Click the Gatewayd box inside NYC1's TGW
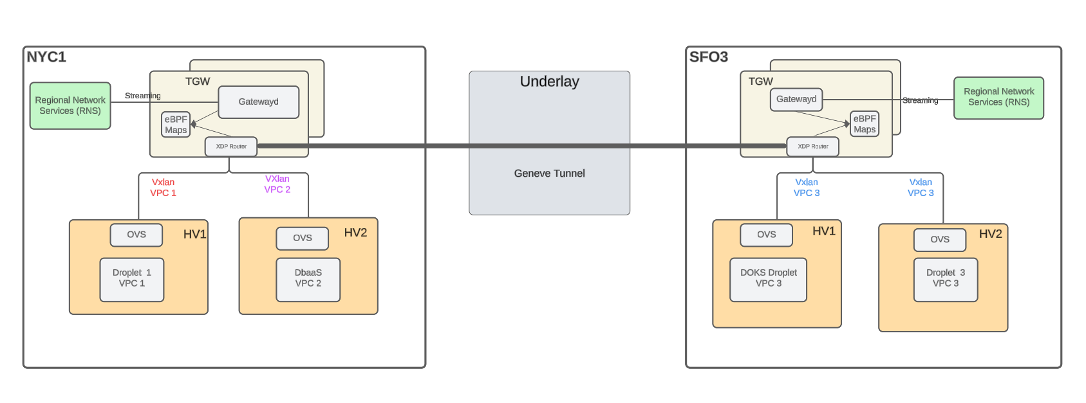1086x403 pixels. pyautogui.click(x=258, y=102)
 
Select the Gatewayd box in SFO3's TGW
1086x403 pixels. pyautogui.click(x=796, y=100)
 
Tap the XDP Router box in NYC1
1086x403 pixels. pyautogui.click(x=231, y=147)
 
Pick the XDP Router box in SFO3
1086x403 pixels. pyautogui.click(x=813, y=147)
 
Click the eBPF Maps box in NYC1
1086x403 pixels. pyautogui.click(x=176, y=125)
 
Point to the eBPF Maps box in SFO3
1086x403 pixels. pyautogui.click(x=865, y=124)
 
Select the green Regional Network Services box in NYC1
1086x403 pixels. pyautogui.click(x=70, y=105)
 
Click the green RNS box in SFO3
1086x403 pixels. pyautogui.click(x=998, y=98)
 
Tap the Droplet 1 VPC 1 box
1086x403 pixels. pyautogui.click(x=132, y=279)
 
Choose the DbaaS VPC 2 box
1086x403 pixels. pyautogui.click(x=308, y=279)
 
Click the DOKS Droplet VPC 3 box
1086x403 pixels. pyautogui.click(x=768, y=279)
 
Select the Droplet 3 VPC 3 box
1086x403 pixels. pyautogui.click(x=946, y=279)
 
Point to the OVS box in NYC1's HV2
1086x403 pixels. pyautogui.click(x=303, y=238)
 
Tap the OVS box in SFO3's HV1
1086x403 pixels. pyautogui.click(x=766, y=235)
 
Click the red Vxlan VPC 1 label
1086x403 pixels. pyautogui.click(x=163, y=188)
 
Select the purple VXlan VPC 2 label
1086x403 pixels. pyautogui.click(x=277, y=184)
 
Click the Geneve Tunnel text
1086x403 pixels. pyautogui.click(x=549, y=174)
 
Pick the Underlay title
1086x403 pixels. pyautogui.click(x=549, y=82)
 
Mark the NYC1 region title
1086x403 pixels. pyautogui.click(x=46, y=57)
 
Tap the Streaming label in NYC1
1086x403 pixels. pyautogui.click(x=143, y=96)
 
